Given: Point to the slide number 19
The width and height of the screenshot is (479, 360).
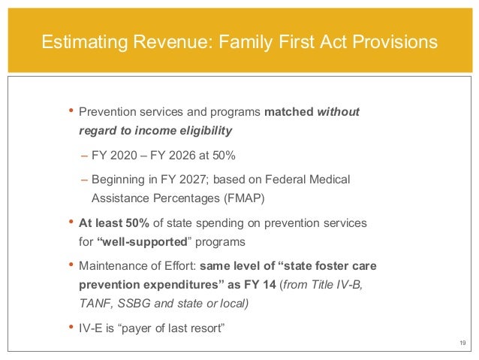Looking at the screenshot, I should point(462,343).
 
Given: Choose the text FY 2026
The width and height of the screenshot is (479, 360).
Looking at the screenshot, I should point(174,156).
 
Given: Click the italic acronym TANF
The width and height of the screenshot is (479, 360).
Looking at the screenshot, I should point(95,301).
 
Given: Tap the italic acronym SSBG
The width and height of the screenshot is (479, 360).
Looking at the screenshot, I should point(134,301).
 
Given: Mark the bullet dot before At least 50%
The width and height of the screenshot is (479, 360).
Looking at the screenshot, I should point(71,224).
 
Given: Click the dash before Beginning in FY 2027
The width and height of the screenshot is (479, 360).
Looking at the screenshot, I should point(84,181).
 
